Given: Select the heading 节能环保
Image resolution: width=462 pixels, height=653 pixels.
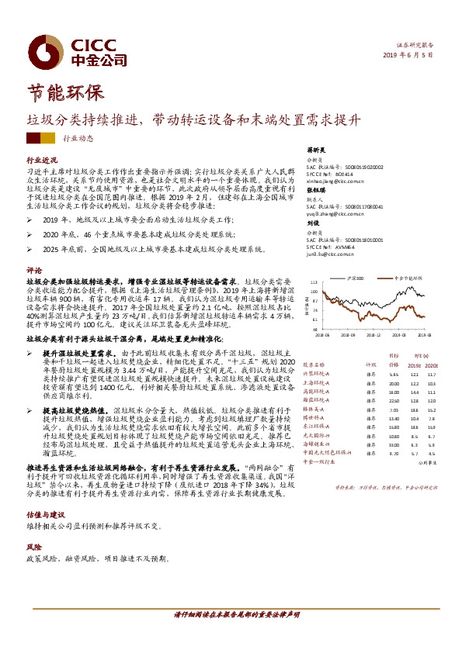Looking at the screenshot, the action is (65, 92).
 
